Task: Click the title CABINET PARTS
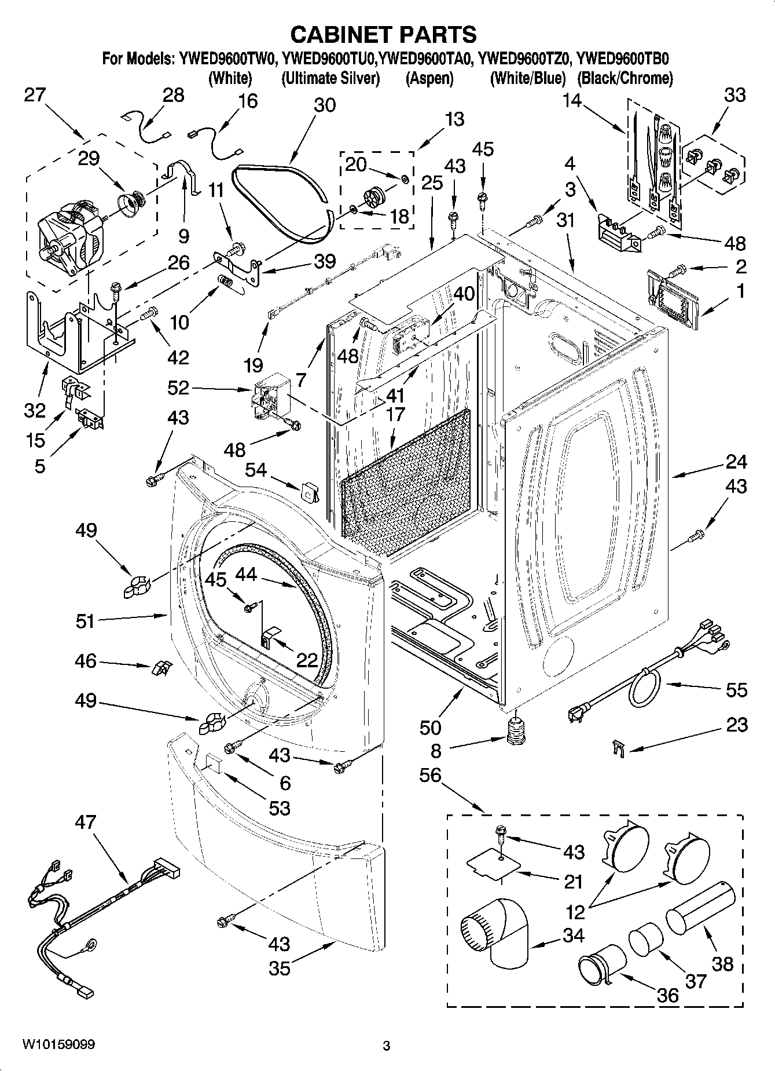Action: click(383, 35)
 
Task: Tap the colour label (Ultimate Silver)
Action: click(330, 78)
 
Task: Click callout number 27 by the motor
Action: click(35, 94)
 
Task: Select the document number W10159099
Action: click(58, 1044)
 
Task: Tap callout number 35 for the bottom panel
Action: click(280, 968)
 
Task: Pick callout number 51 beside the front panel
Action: click(85, 622)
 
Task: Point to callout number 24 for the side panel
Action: click(736, 462)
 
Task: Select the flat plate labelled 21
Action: click(494, 867)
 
